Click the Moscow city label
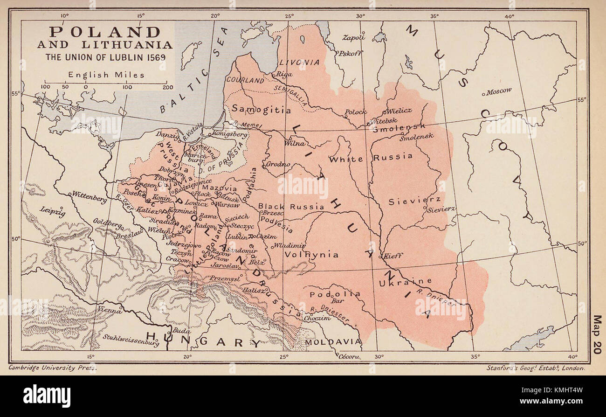coord(498,91)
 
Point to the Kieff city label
coord(393,256)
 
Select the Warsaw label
coord(228,205)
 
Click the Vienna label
coord(110,310)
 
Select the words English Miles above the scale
coord(106,75)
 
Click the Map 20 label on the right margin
coord(597,334)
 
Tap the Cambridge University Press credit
coord(52,368)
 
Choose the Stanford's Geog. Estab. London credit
coord(535,368)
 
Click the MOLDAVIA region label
coord(333,342)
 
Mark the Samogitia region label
coord(261,110)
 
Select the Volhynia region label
coord(311,254)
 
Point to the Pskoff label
coord(350,53)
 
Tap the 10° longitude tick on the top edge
coord(64,15)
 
